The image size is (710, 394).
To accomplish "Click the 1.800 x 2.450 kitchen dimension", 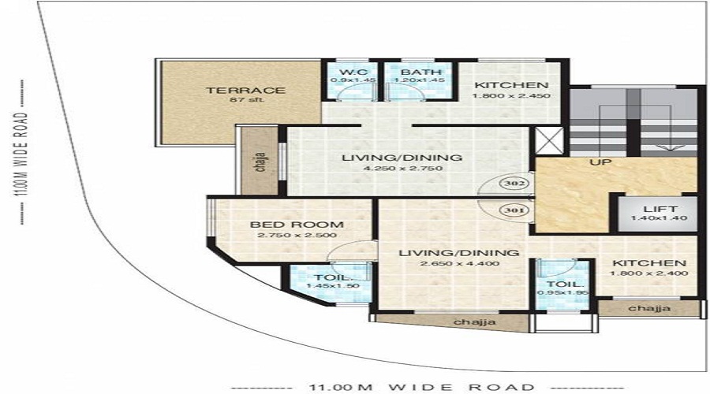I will tap(510, 96).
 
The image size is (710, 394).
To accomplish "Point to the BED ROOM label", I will tap(282, 225).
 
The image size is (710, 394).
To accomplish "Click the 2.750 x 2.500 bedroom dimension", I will tap(282, 235).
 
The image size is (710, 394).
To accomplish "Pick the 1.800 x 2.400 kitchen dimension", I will tap(648, 273).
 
